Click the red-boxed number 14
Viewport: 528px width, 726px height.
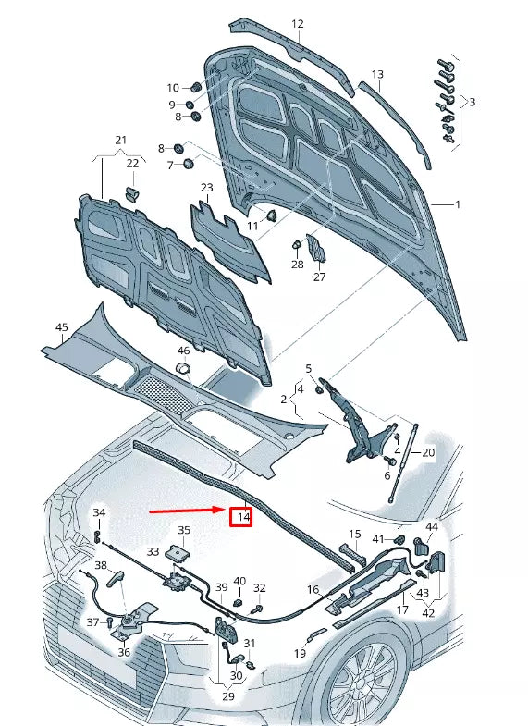(x=243, y=517)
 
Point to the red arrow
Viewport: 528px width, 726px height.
(x=189, y=511)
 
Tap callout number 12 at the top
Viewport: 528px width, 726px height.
(x=298, y=24)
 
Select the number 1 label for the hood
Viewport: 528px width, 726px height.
(x=458, y=204)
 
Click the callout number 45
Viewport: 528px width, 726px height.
(x=62, y=327)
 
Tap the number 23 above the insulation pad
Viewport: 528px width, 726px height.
(x=206, y=188)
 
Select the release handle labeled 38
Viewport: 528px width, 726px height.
(x=116, y=578)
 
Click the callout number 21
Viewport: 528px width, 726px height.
(x=120, y=140)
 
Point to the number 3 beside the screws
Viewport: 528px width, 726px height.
(x=472, y=102)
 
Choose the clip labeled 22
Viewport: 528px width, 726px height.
(x=133, y=194)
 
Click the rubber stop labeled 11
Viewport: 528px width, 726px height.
(x=271, y=215)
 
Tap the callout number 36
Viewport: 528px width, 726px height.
(x=124, y=652)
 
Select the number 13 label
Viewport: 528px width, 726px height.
(x=377, y=74)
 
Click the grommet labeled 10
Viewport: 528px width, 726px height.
(x=196, y=86)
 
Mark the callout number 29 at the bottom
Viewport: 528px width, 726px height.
(x=228, y=695)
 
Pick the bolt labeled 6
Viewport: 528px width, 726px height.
(x=389, y=461)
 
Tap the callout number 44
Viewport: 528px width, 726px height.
(x=432, y=526)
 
